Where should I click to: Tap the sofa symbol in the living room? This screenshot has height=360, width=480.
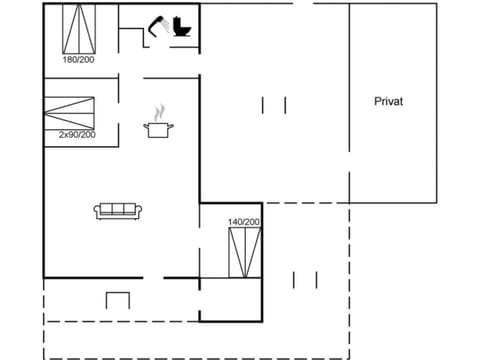click(119, 210)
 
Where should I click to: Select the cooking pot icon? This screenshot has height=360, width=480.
click(158, 128)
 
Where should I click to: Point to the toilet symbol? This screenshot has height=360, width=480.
click(182, 26)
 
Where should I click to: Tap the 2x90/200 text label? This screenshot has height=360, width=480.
click(70, 134)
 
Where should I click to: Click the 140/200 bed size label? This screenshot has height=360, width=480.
click(244, 221)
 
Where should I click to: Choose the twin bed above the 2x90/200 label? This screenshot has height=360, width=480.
click(69, 111)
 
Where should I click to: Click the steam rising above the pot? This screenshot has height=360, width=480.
click(158, 112)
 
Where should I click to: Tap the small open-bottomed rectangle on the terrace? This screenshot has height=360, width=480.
click(117, 300)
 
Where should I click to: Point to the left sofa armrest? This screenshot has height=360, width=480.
click(98, 211)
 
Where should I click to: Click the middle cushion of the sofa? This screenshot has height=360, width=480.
click(119, 209)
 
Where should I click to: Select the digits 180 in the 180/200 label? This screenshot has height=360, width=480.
click(69, 59)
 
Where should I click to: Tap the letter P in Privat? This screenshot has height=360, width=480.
click(378, 101)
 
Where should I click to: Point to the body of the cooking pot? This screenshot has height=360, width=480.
click(158, 130)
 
